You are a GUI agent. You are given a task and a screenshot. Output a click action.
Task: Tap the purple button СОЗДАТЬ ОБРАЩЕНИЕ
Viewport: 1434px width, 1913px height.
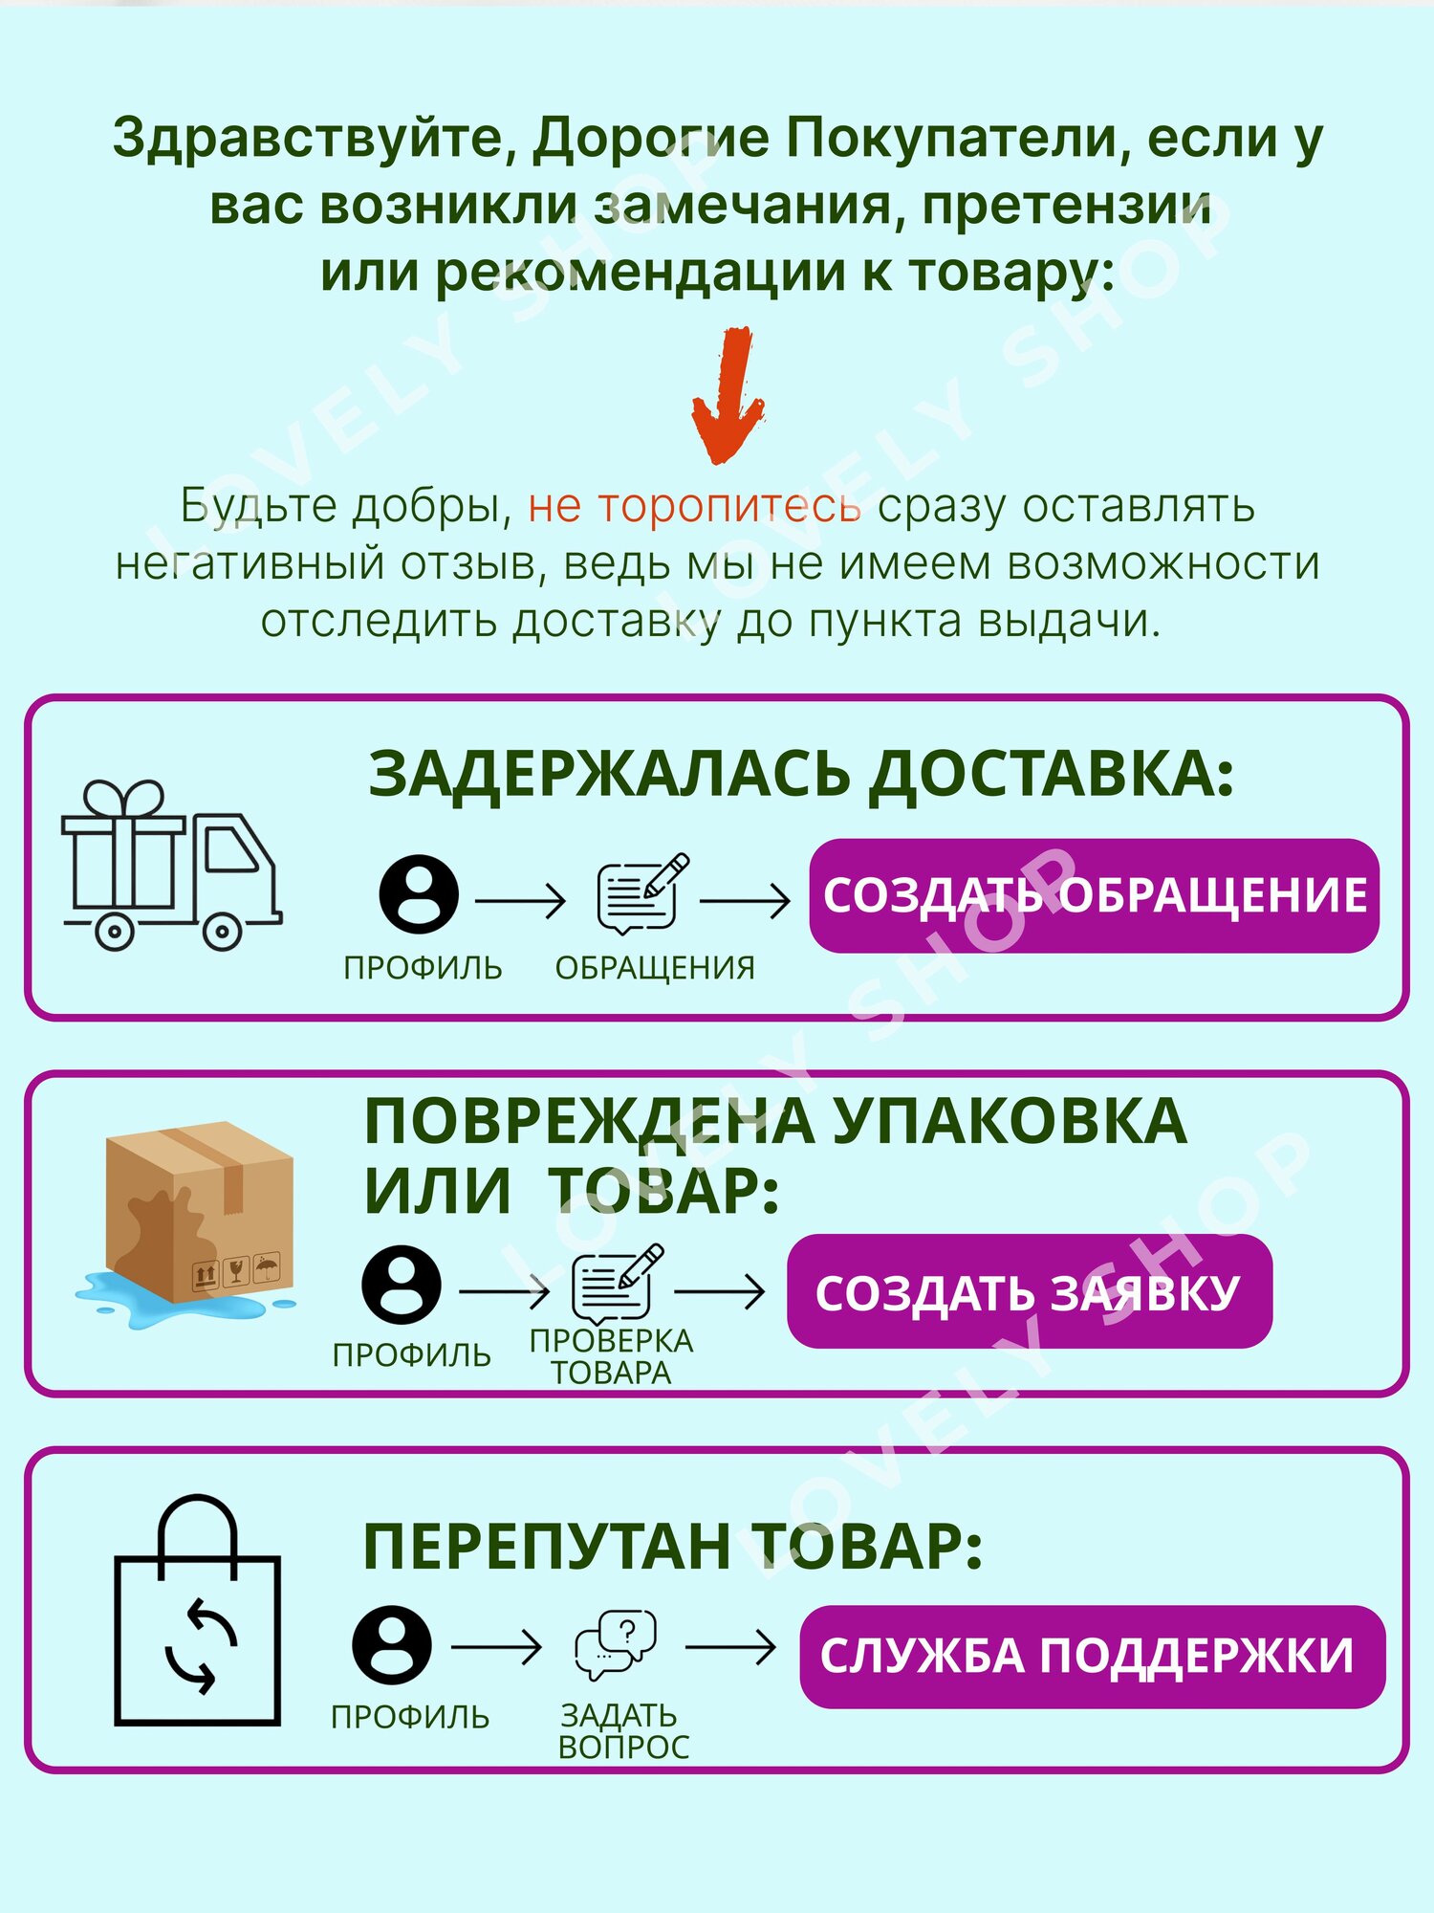[1094, 895]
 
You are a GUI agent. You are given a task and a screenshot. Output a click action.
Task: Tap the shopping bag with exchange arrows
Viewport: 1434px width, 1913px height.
[197, 1616]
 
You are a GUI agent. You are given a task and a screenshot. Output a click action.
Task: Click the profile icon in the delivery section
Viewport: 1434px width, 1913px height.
[418, 895]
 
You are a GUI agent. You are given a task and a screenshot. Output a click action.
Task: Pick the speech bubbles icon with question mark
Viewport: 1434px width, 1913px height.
[616, 1646]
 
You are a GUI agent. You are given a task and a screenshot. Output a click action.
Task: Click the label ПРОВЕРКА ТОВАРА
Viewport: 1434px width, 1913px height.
[612, 1356]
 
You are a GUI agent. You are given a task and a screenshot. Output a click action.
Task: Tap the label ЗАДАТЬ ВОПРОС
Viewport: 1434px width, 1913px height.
[622, 1731]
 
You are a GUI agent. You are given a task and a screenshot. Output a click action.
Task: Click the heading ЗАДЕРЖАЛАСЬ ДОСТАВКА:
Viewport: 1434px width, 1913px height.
[801, 773]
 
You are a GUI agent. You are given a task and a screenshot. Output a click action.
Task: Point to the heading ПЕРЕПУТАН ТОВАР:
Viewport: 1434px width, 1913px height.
[672, 1547]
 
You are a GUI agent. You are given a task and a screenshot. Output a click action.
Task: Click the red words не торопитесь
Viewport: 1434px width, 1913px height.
[694, 506]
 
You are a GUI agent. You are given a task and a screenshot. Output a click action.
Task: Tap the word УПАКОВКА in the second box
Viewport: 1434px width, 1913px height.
[1009, 1121]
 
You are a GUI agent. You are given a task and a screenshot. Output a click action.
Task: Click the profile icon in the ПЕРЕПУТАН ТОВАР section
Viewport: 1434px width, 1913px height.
[391, 1645]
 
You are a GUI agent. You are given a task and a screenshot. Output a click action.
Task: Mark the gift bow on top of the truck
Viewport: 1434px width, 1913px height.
[123, 798]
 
